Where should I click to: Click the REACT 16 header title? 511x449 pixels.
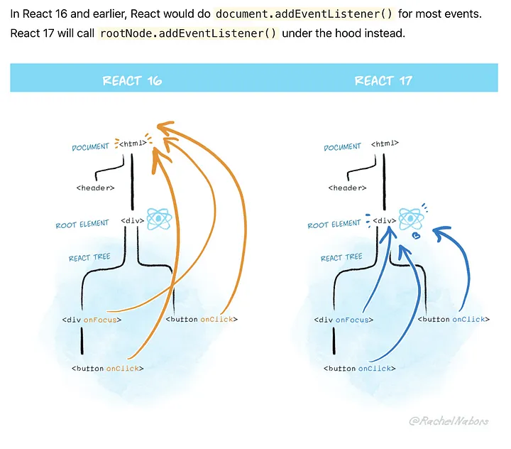132,80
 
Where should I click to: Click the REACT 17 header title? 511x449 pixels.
383,80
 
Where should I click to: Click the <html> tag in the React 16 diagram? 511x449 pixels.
132,144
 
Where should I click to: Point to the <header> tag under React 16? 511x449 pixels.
95,188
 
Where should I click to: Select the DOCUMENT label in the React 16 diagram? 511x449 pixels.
92,147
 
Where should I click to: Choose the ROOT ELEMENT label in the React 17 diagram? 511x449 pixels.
334,224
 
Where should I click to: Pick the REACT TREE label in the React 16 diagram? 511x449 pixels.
89,257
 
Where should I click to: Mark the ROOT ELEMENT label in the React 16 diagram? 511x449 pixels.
82,224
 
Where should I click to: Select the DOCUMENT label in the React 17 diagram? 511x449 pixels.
343,147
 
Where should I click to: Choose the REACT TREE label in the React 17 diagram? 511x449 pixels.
341,258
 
